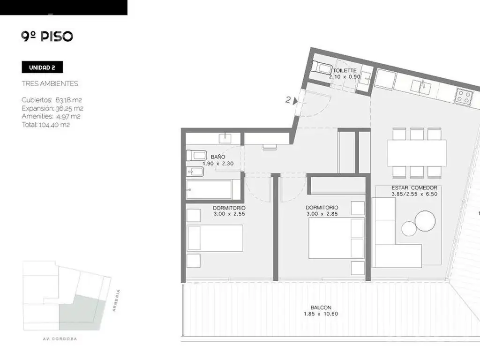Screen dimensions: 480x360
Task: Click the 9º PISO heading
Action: (47, 36)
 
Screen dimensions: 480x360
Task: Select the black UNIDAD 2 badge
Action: (42, 67)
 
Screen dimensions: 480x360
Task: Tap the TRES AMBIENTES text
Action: (50, 83)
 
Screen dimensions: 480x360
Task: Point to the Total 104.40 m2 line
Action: (46, 125)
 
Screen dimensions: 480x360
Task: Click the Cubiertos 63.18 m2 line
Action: (52, 100)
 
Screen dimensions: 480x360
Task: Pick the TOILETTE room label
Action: (345, 70)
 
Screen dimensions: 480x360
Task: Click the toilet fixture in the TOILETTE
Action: (321, 67)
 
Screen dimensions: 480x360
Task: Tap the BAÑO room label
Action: (218, 157)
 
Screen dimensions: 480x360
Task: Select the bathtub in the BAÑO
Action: (209, 189)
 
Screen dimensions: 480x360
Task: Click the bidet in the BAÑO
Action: (195, 172)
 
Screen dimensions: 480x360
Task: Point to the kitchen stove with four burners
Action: (463, 97)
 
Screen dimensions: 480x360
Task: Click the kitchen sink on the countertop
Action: (421, 87)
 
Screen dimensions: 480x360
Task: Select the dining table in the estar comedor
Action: (417, 153)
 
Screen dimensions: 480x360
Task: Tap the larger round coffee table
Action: (425, 221)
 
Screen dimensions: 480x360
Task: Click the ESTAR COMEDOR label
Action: (414, 187)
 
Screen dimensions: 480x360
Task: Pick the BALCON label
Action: (321, 307)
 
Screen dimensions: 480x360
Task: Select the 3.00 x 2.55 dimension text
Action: (229, 214)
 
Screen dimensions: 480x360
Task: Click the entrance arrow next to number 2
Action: (295, 101)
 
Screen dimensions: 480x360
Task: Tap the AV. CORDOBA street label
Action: (60, 339)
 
